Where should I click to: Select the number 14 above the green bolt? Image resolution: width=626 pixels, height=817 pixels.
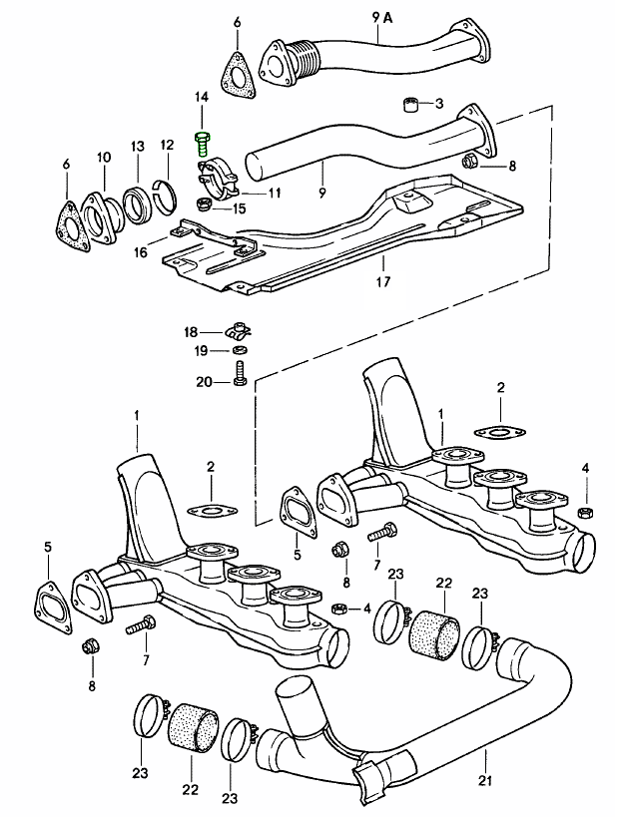coord(202,97)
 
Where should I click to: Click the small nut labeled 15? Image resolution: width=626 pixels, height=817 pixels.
coord(204,204)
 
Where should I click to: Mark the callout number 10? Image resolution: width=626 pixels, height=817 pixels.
coord(104,157)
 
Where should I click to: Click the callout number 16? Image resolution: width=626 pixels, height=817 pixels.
coord(141,253)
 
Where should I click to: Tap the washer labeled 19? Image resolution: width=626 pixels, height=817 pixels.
coord(238,350)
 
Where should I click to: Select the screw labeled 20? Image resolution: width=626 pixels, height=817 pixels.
coord(239,375)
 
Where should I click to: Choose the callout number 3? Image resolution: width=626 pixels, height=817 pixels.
coord(440,104)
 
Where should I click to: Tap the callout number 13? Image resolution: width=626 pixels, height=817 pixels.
coord(137,147)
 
